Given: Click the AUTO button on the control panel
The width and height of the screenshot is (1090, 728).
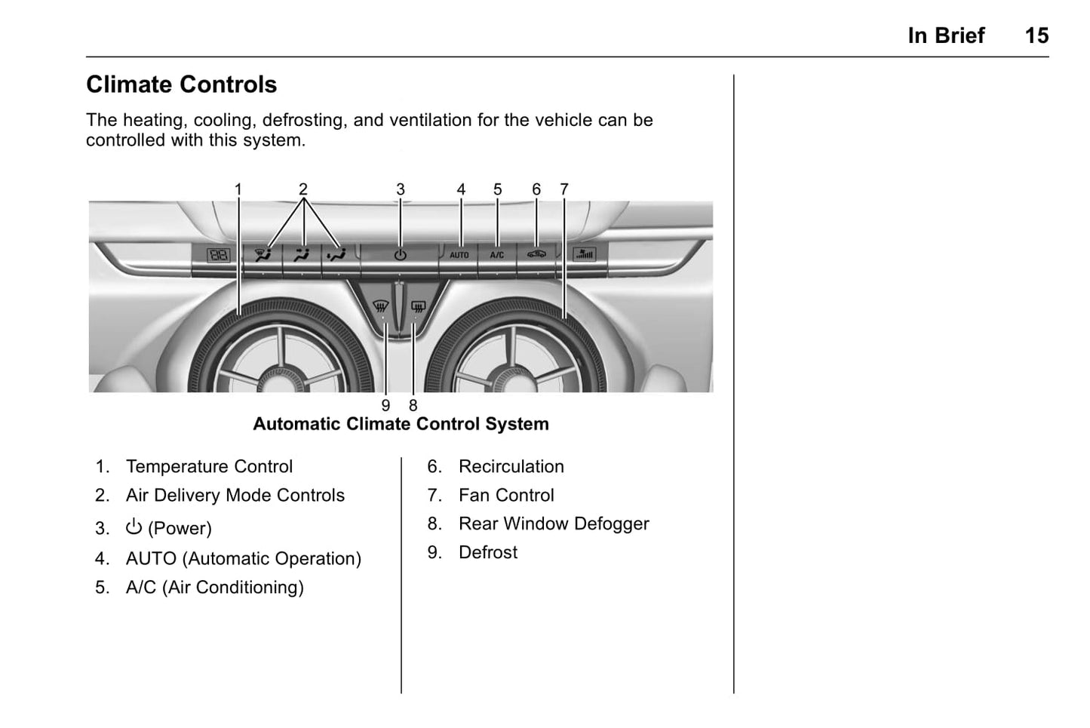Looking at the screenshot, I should point(459,255).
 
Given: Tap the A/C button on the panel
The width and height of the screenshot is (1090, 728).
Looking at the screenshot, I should point(497,255).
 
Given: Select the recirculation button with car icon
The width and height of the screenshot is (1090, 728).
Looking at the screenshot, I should point(536,254).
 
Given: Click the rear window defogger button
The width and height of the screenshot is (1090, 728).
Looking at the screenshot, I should point(419,307).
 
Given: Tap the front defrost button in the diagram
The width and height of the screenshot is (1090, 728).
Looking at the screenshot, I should point(381,307).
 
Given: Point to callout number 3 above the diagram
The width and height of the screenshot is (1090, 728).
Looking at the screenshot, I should point(401,189).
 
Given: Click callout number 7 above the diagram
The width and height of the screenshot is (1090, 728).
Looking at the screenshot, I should point(564,189).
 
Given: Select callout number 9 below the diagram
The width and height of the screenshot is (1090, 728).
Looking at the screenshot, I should point(385,406).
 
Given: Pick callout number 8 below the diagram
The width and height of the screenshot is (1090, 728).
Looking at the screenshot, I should point(413,406).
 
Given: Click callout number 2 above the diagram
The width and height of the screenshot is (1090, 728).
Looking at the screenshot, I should point(303,189).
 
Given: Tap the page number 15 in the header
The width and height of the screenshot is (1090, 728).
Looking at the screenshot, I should point(1036,35).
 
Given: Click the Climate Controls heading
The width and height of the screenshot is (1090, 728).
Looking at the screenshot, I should point(182,84).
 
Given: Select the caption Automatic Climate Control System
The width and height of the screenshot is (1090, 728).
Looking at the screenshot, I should point(401,424).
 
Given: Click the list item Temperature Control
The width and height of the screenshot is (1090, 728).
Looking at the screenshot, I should point(209,466).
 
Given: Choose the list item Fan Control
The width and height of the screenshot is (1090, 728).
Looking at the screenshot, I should point(506,495).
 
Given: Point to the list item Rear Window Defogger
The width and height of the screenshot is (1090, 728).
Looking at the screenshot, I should point(554,524).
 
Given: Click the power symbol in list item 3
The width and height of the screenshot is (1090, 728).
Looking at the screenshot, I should point(134,527).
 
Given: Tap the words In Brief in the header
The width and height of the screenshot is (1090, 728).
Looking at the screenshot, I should point(946,35).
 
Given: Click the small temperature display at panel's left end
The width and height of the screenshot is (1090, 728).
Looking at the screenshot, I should point(218,255).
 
